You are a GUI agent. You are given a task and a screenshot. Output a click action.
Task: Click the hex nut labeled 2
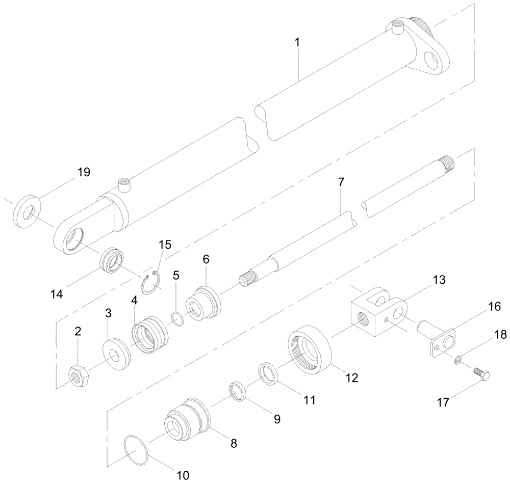point(79,376)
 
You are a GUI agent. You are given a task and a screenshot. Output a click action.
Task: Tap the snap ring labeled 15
point(152,283)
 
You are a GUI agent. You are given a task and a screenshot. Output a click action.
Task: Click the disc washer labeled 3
point(117,353)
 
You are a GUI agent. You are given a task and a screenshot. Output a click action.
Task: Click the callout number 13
point(439,280)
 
